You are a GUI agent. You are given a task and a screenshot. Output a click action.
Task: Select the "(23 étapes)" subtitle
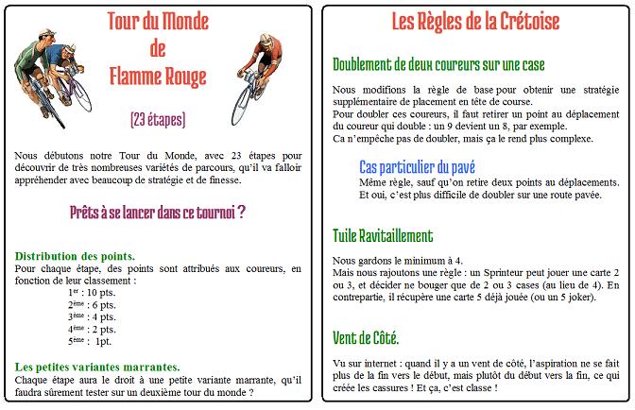158,120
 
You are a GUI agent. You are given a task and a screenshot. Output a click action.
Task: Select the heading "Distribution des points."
75,257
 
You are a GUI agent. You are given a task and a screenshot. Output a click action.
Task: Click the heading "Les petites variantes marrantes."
98,367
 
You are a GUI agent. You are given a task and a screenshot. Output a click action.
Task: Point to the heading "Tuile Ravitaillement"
383,235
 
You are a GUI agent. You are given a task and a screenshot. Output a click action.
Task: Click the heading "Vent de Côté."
366,336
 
